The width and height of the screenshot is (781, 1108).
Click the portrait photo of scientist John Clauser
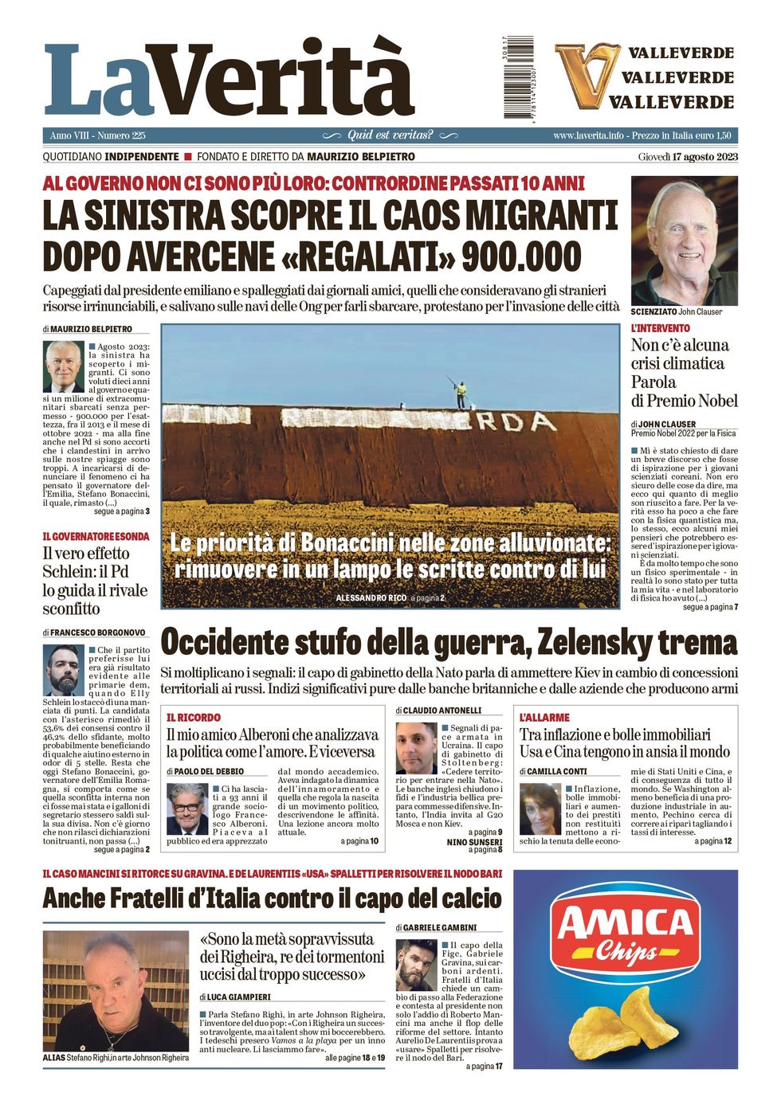pos(684,241)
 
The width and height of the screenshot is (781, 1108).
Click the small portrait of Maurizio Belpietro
pos(63,366)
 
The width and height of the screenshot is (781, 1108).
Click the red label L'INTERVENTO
pos(660,328)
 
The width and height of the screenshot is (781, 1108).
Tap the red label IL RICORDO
pos(193,718)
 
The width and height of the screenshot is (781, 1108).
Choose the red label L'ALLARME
pos(544,718)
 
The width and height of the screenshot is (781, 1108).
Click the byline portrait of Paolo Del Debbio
pos(186,808)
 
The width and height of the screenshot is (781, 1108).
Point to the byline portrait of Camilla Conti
pos(540,808)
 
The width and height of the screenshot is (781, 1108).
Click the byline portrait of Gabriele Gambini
pos(416,965)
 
